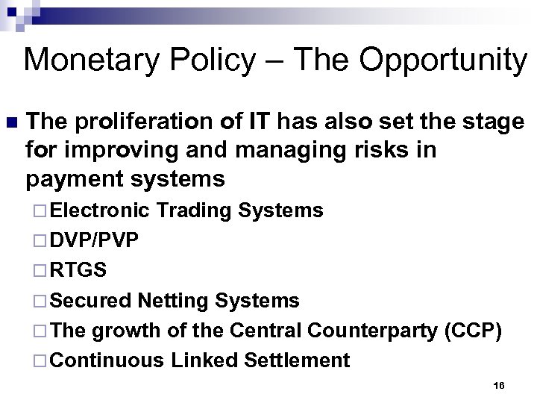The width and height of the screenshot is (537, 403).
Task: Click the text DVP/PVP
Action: tap(95, 241)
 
